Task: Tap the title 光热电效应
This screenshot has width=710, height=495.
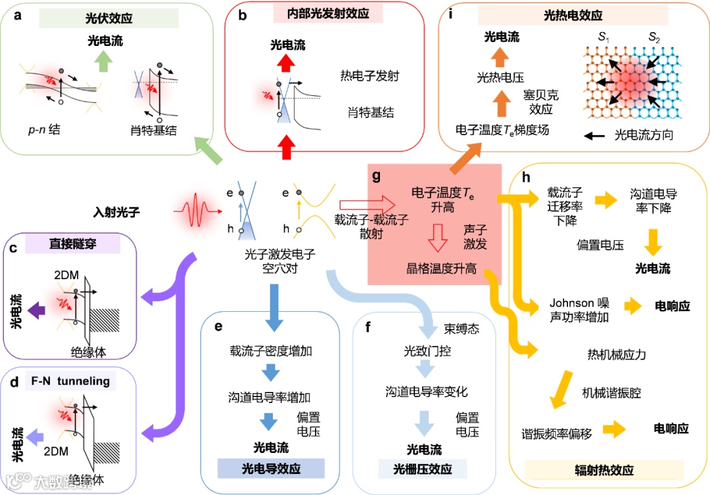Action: [573, 15]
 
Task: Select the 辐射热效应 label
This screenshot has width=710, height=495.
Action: [603, 470]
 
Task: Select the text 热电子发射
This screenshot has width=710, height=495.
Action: [370, 76]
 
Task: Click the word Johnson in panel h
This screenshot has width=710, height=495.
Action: [569, 303]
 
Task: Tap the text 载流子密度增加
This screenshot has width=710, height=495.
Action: [271, 351]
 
